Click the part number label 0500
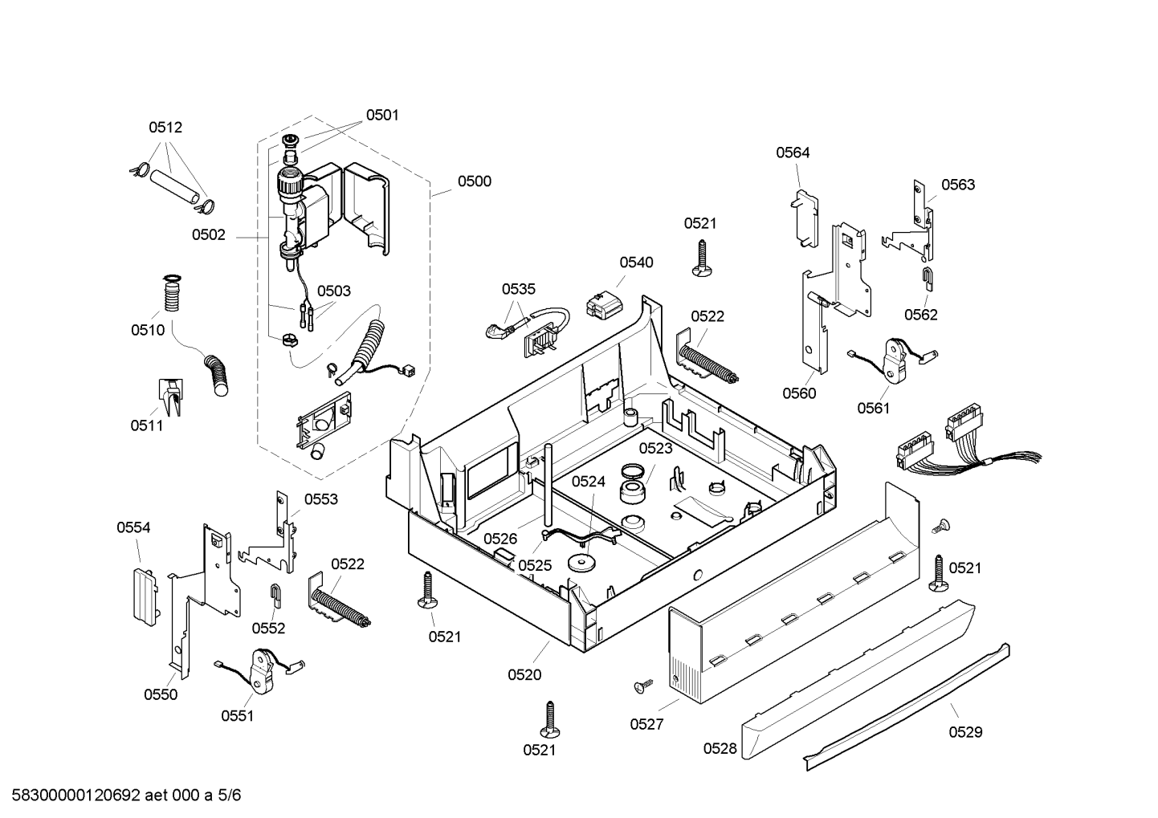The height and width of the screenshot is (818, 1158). coord(474,181)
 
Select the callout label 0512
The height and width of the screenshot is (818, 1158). coord(165,127)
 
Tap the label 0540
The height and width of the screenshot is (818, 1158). coord(636,262)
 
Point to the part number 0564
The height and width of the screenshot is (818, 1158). coord(793,153)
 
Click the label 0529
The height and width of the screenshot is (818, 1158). coord(965,732)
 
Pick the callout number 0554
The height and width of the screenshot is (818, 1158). coord(133,527)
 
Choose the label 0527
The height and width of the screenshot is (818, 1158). coord(646,724)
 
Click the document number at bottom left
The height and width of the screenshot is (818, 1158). coord(126,796)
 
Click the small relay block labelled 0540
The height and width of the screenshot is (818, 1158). coord(602,305)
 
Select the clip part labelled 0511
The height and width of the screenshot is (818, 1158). coord(170,397)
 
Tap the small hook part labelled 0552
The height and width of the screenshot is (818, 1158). coord(275,596)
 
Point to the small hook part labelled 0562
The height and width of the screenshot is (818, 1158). coord(928,279)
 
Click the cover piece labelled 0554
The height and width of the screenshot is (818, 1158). coord(144,597)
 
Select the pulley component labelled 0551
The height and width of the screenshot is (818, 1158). coord(262,671)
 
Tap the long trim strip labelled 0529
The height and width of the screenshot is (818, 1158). coord(906,706)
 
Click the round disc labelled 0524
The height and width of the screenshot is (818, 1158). coord(581,562)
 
